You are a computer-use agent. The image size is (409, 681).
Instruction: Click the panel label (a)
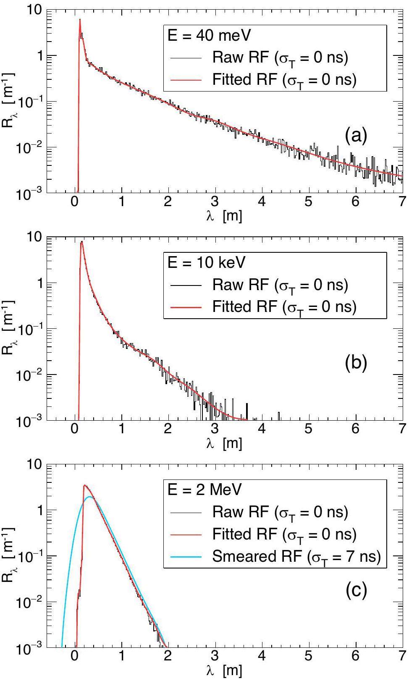356,136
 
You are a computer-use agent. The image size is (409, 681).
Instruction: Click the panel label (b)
356,363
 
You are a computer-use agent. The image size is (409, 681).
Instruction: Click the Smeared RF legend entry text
296,556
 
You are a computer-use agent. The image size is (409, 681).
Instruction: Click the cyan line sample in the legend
186,557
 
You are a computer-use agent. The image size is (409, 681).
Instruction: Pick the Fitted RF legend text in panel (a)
284,80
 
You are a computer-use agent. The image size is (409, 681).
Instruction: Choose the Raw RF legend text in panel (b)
280,285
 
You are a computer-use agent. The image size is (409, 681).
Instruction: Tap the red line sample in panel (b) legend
186,307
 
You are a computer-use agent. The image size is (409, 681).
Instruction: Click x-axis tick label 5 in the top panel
309,202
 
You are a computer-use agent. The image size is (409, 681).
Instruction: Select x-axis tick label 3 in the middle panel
215,430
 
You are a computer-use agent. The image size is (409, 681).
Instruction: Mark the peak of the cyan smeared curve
89,497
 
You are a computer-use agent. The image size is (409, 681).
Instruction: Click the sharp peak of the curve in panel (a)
80,20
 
